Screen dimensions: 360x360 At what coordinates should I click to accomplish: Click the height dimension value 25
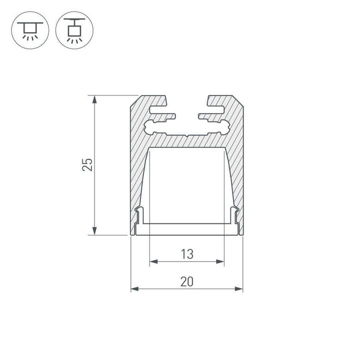87,164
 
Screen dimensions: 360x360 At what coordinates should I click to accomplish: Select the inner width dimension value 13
187,254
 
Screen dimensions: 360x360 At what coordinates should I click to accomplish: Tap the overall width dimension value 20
187,282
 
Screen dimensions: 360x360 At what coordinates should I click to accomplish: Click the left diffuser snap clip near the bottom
140,215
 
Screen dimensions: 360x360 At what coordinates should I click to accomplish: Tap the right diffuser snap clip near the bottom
233,215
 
